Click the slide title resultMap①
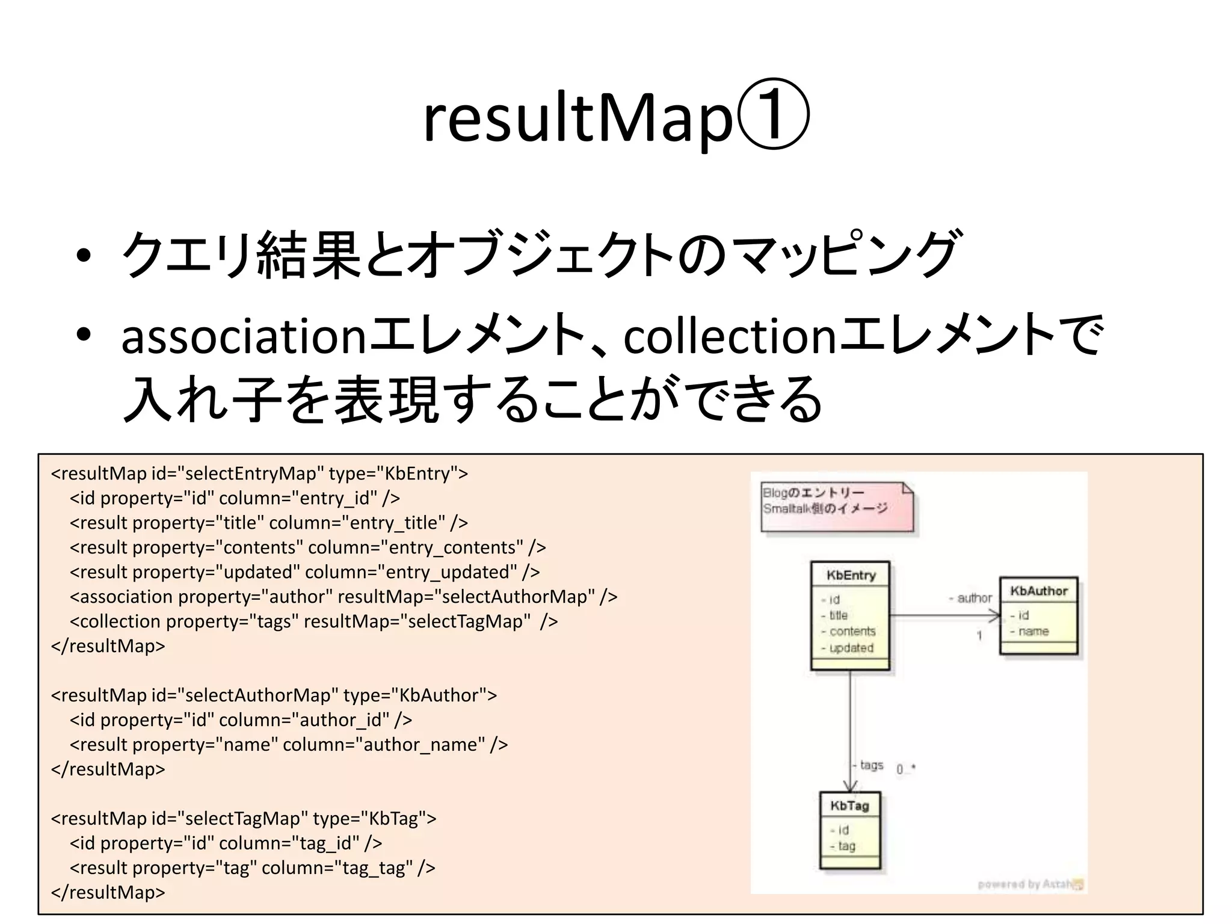(x=616, y=117)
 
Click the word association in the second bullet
(x=243, y=337)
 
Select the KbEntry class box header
(x=850, y=575)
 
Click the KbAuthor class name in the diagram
(x=1039, y=591)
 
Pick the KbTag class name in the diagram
(x=850, y=806)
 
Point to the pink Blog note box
(x=836, y=505)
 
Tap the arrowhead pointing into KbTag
(x=850, y=785)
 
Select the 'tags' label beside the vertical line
(x=871, y=765)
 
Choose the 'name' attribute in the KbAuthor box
(x=1033, y=631)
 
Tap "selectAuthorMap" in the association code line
(x=514, y=597)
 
